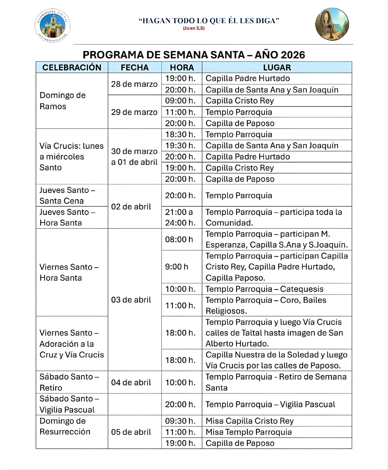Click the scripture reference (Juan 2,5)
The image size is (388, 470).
click(x=194, y=28)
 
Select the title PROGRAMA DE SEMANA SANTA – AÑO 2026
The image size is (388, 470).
click(x=194, y=55)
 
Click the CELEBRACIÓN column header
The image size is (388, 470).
click(x=72, y=68)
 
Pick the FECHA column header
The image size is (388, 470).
click(x=135, y=68)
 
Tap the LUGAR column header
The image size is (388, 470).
click(x=277, y=68)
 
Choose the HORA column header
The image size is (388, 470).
click(x=182, y=68)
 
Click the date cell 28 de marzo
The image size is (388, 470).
click(x=134, y=84)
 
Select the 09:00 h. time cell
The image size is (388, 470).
click(x=180, y=101)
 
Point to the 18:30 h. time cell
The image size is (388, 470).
click(x=180, y=135)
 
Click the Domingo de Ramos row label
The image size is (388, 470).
click(x=63, y=101)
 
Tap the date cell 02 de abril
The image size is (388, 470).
click(x=131, y=207)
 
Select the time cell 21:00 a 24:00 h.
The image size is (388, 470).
click(x=180, y=217)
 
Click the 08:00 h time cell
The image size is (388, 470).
click(x=179, y=239)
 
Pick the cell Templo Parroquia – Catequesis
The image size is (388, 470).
click(x=265, y=289)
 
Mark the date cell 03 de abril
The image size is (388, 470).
click(x=131, y=300)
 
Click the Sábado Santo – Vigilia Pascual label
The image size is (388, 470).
click(x=69, y=404)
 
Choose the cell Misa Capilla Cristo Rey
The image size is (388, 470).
click(x=250, y=421)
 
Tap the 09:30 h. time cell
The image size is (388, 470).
click(x=180, y=421)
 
